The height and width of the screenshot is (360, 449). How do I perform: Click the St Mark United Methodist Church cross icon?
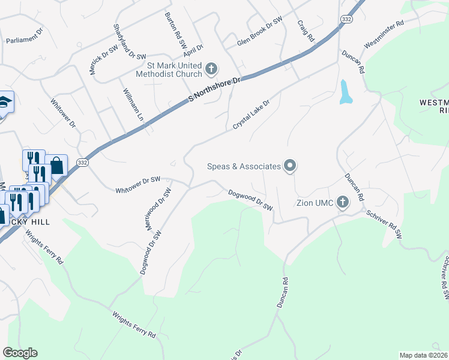(x=211, y=69)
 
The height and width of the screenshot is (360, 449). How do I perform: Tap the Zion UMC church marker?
(x=343, y=202)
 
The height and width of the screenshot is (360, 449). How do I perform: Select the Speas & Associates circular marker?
(x=290, y=166)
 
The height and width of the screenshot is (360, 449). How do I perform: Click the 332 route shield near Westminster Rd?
(x=346, y=20)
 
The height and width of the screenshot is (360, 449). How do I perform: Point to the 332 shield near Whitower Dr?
(x=83, y=163)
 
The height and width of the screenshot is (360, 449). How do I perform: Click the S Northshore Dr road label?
(x=214, y=89)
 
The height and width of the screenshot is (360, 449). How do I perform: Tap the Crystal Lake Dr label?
(x=252, y=114)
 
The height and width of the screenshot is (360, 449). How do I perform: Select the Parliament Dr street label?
(x=25, y=38)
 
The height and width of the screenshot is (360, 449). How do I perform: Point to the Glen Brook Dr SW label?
(x=259, y=32)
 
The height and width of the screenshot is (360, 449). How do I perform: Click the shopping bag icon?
(x=56, y=165)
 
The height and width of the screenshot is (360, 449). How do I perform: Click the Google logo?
(x=20, y=353)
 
